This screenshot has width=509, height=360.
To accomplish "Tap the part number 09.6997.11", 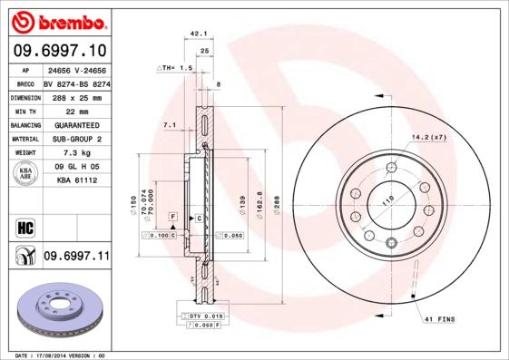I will (x=75, y=258).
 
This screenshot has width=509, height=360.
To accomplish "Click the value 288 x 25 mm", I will (x=75, y=96).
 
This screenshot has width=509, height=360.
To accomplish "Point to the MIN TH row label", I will (x=24, y=110).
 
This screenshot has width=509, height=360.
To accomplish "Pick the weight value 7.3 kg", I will (x=75, y=153).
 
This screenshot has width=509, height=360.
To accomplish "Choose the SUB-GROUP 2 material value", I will (x=75, y=139).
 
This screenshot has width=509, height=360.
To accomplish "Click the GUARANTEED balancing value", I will (x=75, y=124).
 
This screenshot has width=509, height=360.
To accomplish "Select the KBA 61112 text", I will (x=75, y=180).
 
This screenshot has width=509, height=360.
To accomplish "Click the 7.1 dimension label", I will (x=169, y=124).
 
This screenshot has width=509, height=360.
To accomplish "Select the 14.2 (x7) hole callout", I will (x=430, y=137).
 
